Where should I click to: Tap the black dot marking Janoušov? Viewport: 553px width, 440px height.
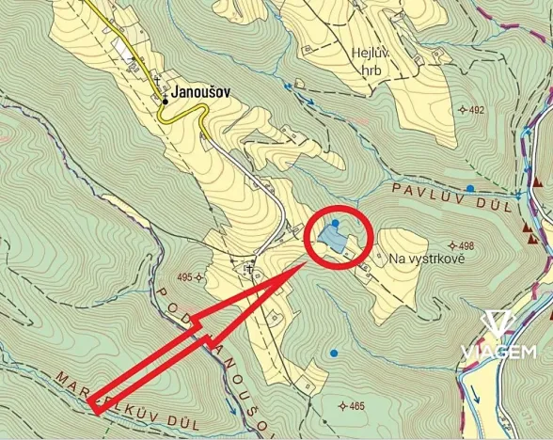pyautogui.click(x=166, y=94)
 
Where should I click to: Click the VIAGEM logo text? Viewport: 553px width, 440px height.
pyautogui.click(x=498, y=353)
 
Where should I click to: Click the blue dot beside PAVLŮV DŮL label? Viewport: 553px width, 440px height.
pyautogui.click(x=469, y=189)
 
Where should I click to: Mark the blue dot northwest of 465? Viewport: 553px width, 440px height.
pyautogui.click(x=333, y=354)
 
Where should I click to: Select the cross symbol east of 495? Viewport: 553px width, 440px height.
pyautogui.click(x=249, y=270)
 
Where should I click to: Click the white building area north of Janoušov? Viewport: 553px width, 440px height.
pyautogui.click(x=122, y=49)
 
